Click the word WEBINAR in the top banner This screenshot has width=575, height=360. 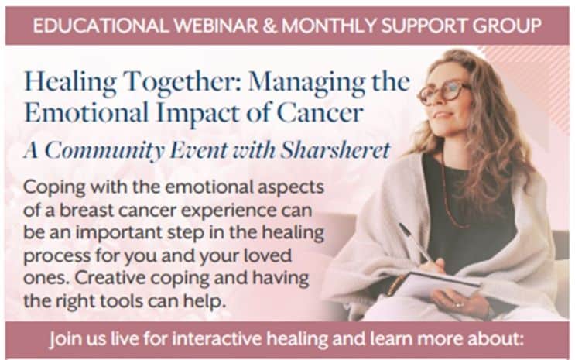pyautogui.click(x=216, y=26)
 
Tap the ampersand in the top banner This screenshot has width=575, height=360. pyautogui.click(x=270, y=26)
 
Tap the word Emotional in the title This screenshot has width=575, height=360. pyautogui.click(x=87, y=112)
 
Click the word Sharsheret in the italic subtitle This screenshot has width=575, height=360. pyautogui.click(x=336, y=150)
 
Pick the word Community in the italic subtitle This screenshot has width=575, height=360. pyautogui.click(x=104, y=151)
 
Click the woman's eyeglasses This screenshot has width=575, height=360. pyautogui.click(x=443, y=92)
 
